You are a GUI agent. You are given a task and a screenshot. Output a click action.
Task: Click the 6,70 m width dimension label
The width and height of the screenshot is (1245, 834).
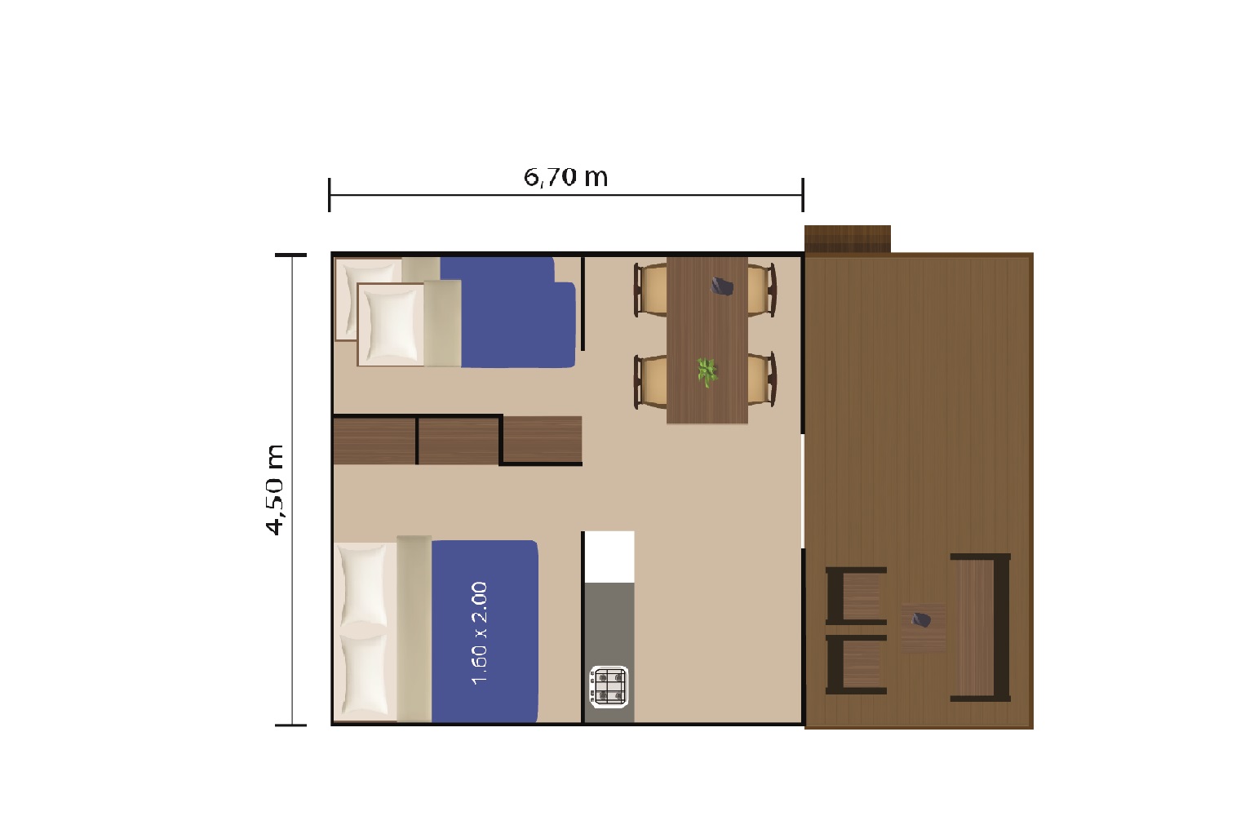[566, 177]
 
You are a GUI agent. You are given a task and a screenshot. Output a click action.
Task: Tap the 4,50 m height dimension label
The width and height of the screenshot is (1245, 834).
[275, 490]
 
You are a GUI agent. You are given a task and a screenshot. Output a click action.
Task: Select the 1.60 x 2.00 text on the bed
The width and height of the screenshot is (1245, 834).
[479, 632]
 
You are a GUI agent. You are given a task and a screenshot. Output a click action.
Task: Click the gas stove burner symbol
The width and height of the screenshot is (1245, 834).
[609, 686]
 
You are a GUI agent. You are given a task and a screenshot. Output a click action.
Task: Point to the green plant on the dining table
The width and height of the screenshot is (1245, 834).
[707, 372]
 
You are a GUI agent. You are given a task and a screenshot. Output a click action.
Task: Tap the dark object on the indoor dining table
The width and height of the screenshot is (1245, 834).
[722, 286]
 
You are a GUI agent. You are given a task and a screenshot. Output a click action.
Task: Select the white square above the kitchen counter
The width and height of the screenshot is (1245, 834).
[609, 557]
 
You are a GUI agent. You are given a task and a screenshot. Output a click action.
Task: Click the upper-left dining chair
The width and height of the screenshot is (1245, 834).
[651, 290]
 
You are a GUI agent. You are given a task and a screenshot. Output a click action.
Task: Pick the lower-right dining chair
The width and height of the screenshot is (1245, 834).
[761, 379]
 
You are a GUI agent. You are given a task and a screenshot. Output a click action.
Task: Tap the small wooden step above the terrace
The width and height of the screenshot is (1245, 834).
[848, 239]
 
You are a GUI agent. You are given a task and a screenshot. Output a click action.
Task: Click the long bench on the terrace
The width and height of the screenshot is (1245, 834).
[981, 628]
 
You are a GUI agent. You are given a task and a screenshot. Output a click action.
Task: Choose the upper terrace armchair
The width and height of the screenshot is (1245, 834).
[856, 596]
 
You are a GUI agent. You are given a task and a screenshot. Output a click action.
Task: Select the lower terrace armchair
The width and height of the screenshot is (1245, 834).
[856, 665]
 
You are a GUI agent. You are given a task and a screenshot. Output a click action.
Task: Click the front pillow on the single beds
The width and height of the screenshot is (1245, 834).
[392, 325]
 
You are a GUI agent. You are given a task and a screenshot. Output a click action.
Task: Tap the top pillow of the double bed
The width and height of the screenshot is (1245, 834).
[364, 586]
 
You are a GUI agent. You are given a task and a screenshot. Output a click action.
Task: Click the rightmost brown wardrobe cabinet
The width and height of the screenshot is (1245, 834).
[543, 439]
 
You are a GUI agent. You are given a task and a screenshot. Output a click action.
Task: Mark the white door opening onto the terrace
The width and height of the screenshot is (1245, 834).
[803, 491]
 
